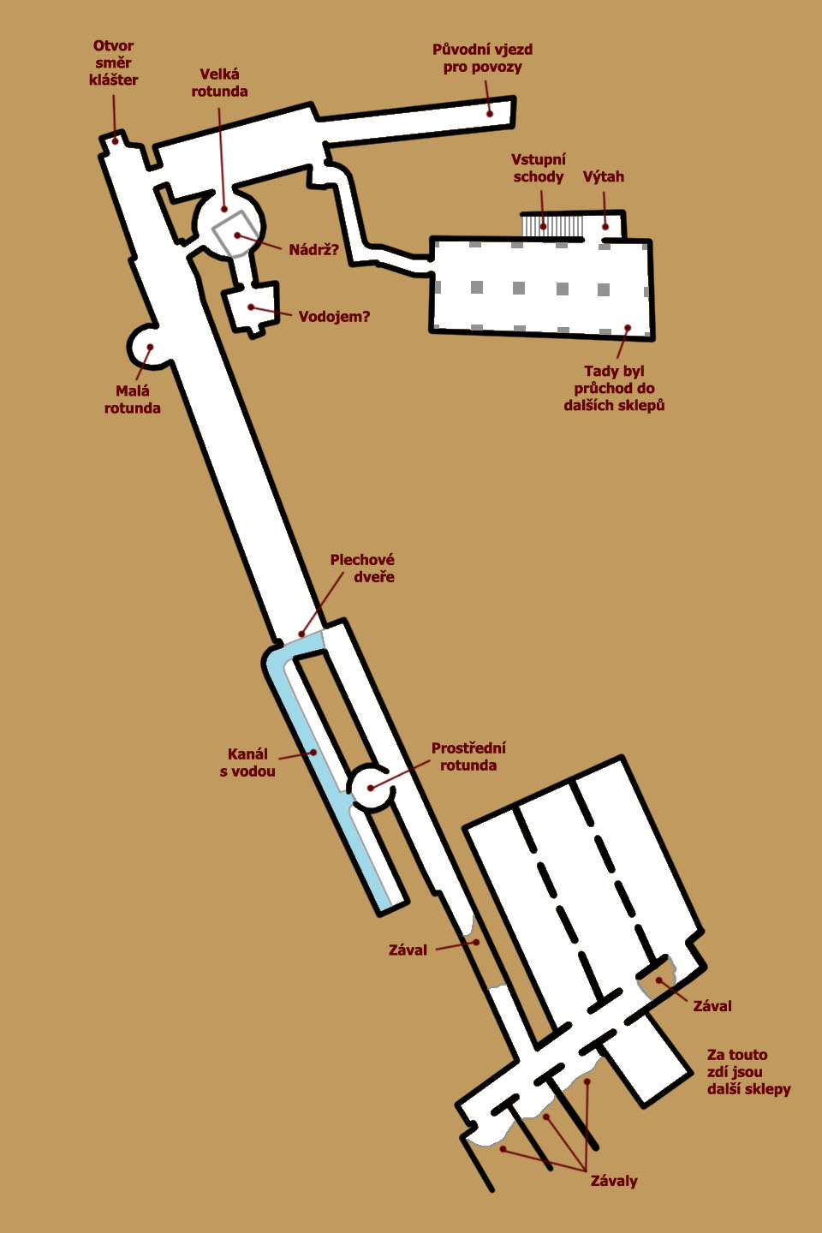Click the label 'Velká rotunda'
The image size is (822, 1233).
click(219, 82)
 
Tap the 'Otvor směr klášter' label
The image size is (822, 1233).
click(113, 63)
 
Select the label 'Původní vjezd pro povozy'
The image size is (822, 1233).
click(482, 58)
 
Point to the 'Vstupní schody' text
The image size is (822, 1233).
click(539, 168)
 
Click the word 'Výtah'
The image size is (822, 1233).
click(604, 176)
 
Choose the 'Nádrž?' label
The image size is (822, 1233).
click(314, 250)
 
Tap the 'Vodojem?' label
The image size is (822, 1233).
click(334, 317)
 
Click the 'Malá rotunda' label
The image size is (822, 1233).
click(132, 400)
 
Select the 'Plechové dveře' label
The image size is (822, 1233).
click(362, 568)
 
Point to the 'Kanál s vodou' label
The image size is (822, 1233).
click(247, 762)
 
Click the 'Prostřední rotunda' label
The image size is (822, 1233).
click(468, 756)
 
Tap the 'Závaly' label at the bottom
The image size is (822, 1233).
click(614, 1181)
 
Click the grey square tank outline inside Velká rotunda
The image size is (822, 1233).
click(236, 234)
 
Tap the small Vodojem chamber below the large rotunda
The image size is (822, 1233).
click(252, 306)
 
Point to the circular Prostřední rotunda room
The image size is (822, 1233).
click(372, 787)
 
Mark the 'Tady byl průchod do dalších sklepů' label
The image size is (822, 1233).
click(615, 388)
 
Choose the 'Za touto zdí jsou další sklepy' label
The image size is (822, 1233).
click(748, 1072)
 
